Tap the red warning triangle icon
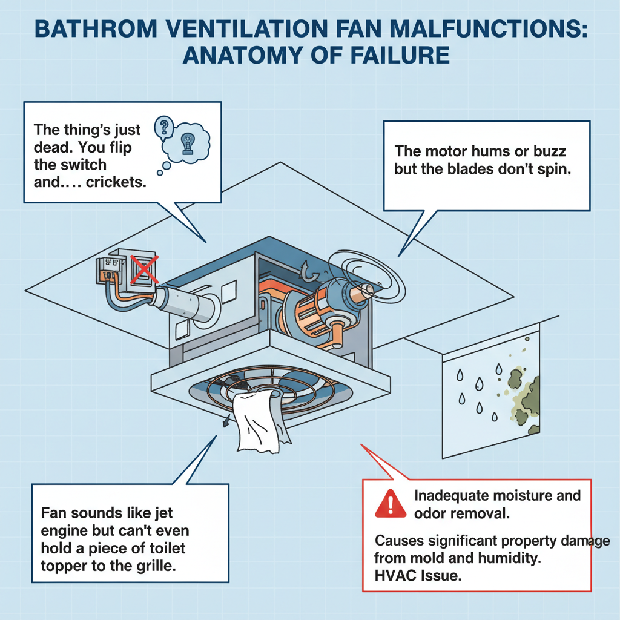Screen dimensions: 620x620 (x=391, y=503)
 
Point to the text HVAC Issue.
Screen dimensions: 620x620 (x=418, y=576)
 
